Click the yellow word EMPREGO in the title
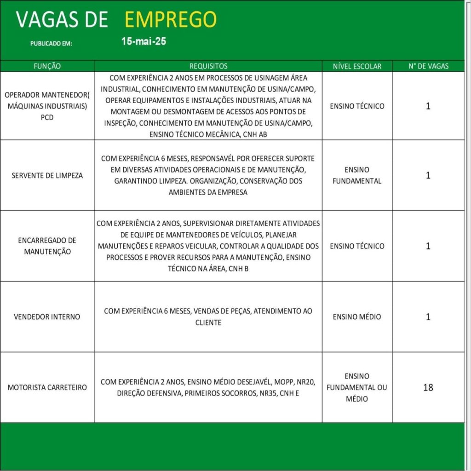coord(170,19)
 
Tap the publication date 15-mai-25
coord(144,41)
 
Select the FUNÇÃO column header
coord(47,66)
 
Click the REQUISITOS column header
coord(208,66)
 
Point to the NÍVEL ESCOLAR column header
coord(357,66)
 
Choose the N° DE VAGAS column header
coord(428,66)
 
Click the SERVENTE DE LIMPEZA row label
coord(47,175)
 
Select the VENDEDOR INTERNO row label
coord(47,316)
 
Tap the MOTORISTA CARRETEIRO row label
coord(47,387)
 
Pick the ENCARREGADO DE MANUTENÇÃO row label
coord(47,246)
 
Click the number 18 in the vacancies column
coord(428,387)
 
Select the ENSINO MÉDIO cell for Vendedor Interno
coord(357,316)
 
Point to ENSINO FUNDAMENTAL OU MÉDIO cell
coord(357,387)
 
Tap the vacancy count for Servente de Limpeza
coord(428,175)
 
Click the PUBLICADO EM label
coord(51,44)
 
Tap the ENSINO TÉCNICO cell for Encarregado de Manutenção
coord(357,246)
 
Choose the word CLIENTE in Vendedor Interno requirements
coord(208,322)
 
